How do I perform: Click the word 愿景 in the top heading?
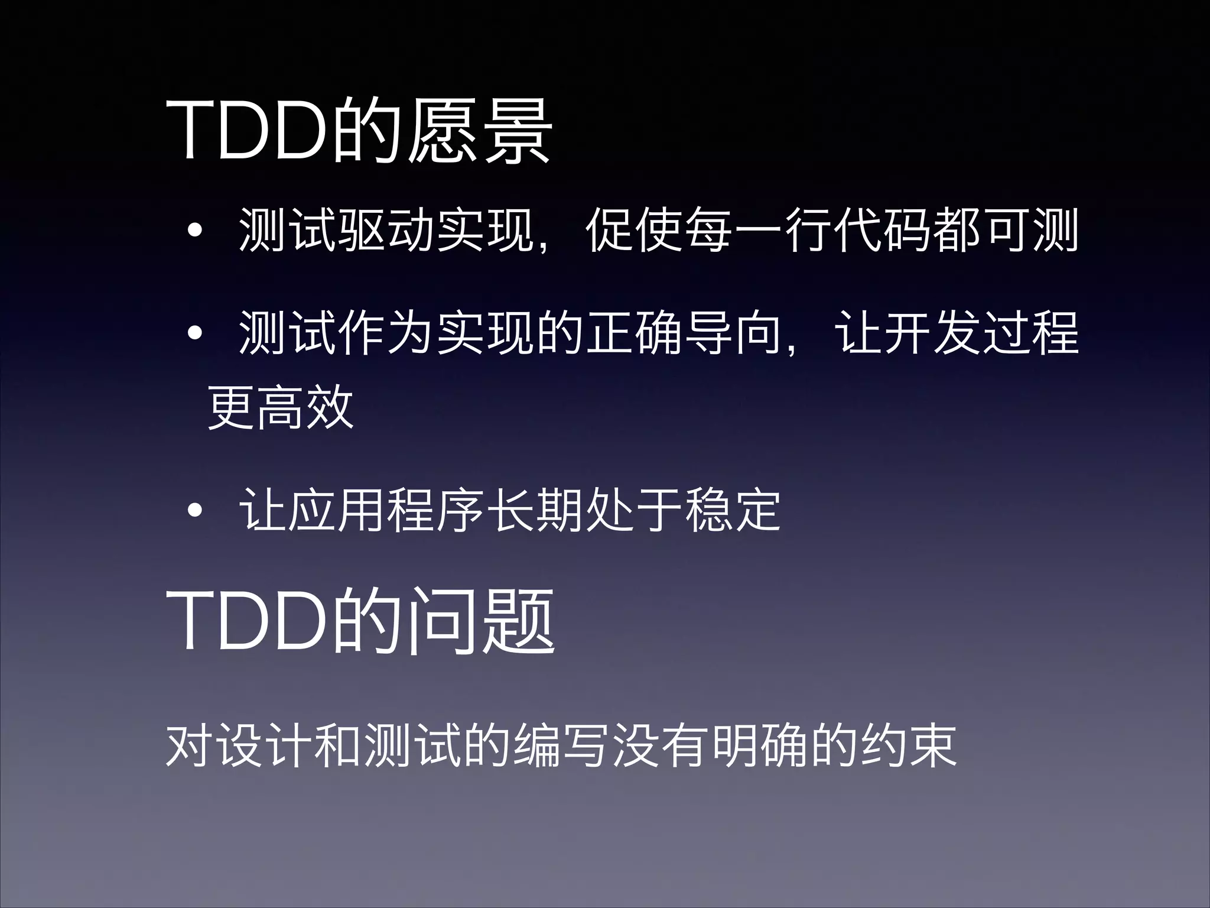(480, 131)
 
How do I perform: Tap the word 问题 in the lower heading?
(482, 621)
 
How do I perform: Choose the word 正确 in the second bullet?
(635, 333)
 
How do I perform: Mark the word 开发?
(932, 333)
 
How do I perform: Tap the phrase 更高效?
(281, 408)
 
